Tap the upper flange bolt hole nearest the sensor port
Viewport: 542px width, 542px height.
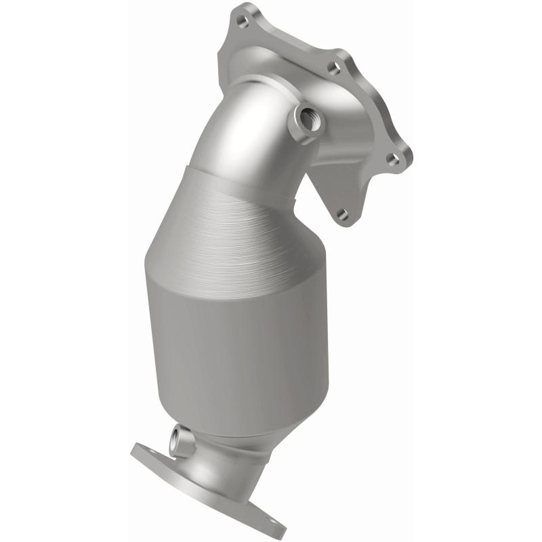coord(333,68)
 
